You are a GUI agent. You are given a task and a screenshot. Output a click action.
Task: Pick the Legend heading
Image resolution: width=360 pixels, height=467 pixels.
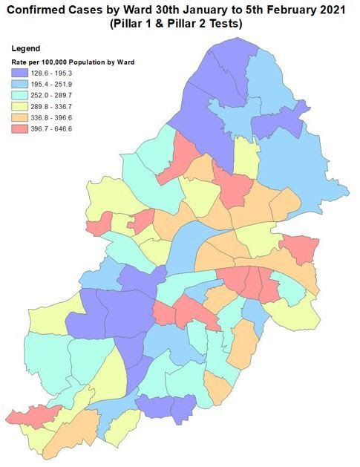[26, 49]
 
